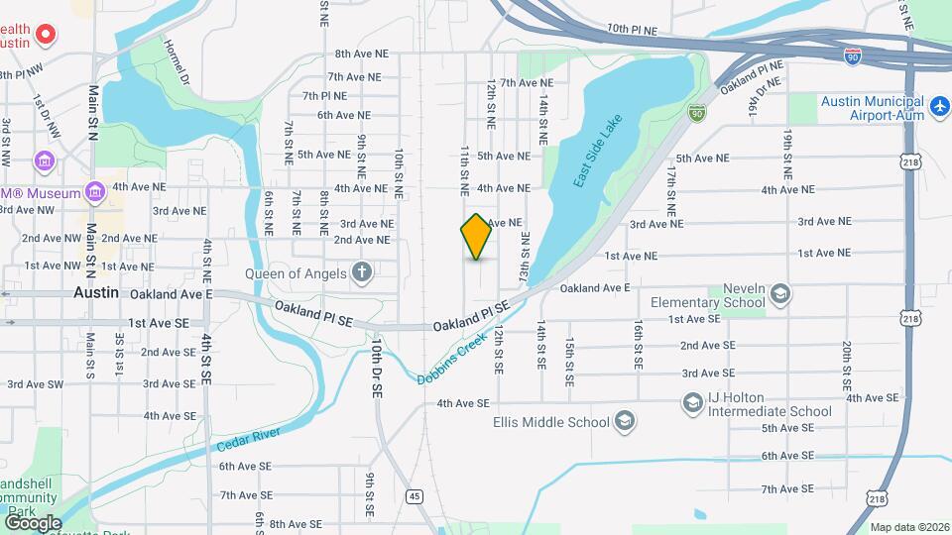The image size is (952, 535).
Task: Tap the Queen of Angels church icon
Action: pyautogui.click(x=363, y=272)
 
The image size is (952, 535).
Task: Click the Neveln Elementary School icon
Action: pyautogui.click(x=780, y=293)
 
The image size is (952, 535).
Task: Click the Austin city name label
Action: pyautogui.click(x=96, y=293)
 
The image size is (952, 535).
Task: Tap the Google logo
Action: pyautogui.click(x=33, y=522)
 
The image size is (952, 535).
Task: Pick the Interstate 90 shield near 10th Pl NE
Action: pyautogui.click(x=853, y=57)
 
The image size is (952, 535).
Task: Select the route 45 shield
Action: pyautogui.click(x=414, y=494)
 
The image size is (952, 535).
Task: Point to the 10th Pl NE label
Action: pyautogui.click(x=633, y=31)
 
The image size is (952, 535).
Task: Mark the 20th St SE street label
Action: pyautogui.click(x=847, y=366)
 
